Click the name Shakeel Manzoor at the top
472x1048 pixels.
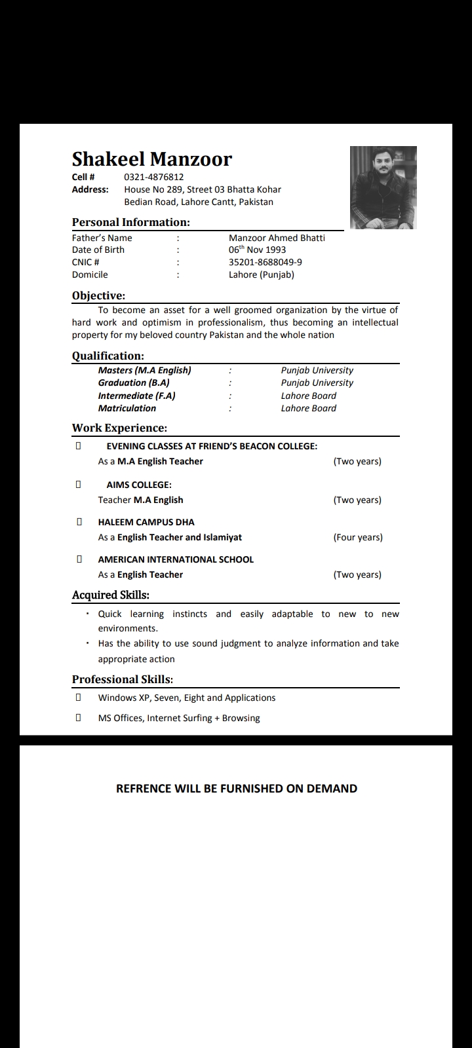(x=151, y=159)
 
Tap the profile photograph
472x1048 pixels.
(x=383, y=187)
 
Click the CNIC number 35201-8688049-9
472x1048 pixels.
(x=265, y=262)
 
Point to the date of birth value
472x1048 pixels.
(x=257, y=250)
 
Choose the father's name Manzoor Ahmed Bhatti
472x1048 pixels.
(x=277, y=238)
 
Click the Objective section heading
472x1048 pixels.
(x=98, y=295)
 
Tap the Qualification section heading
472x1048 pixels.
(x=108, y=356)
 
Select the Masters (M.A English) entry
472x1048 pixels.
(x=144, y=370)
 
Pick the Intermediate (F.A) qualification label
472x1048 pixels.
(x=136, y=396)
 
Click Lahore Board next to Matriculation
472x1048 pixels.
(x=308, y=408)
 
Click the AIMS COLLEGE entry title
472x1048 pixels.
(x=139, y=485)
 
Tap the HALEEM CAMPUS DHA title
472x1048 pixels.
(x=146, y=522)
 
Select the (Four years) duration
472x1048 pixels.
(x=357, y=537)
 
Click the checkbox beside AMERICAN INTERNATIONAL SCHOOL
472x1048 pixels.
(x=79, y=559)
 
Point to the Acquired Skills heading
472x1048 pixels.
(x=110, y=595)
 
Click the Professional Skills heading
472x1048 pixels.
(x=122, y=679)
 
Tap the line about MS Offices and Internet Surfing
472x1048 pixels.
(x=179, y=718)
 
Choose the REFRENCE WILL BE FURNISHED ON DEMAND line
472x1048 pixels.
(x=236, y=789)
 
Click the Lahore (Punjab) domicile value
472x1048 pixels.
(x=261, y=274)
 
